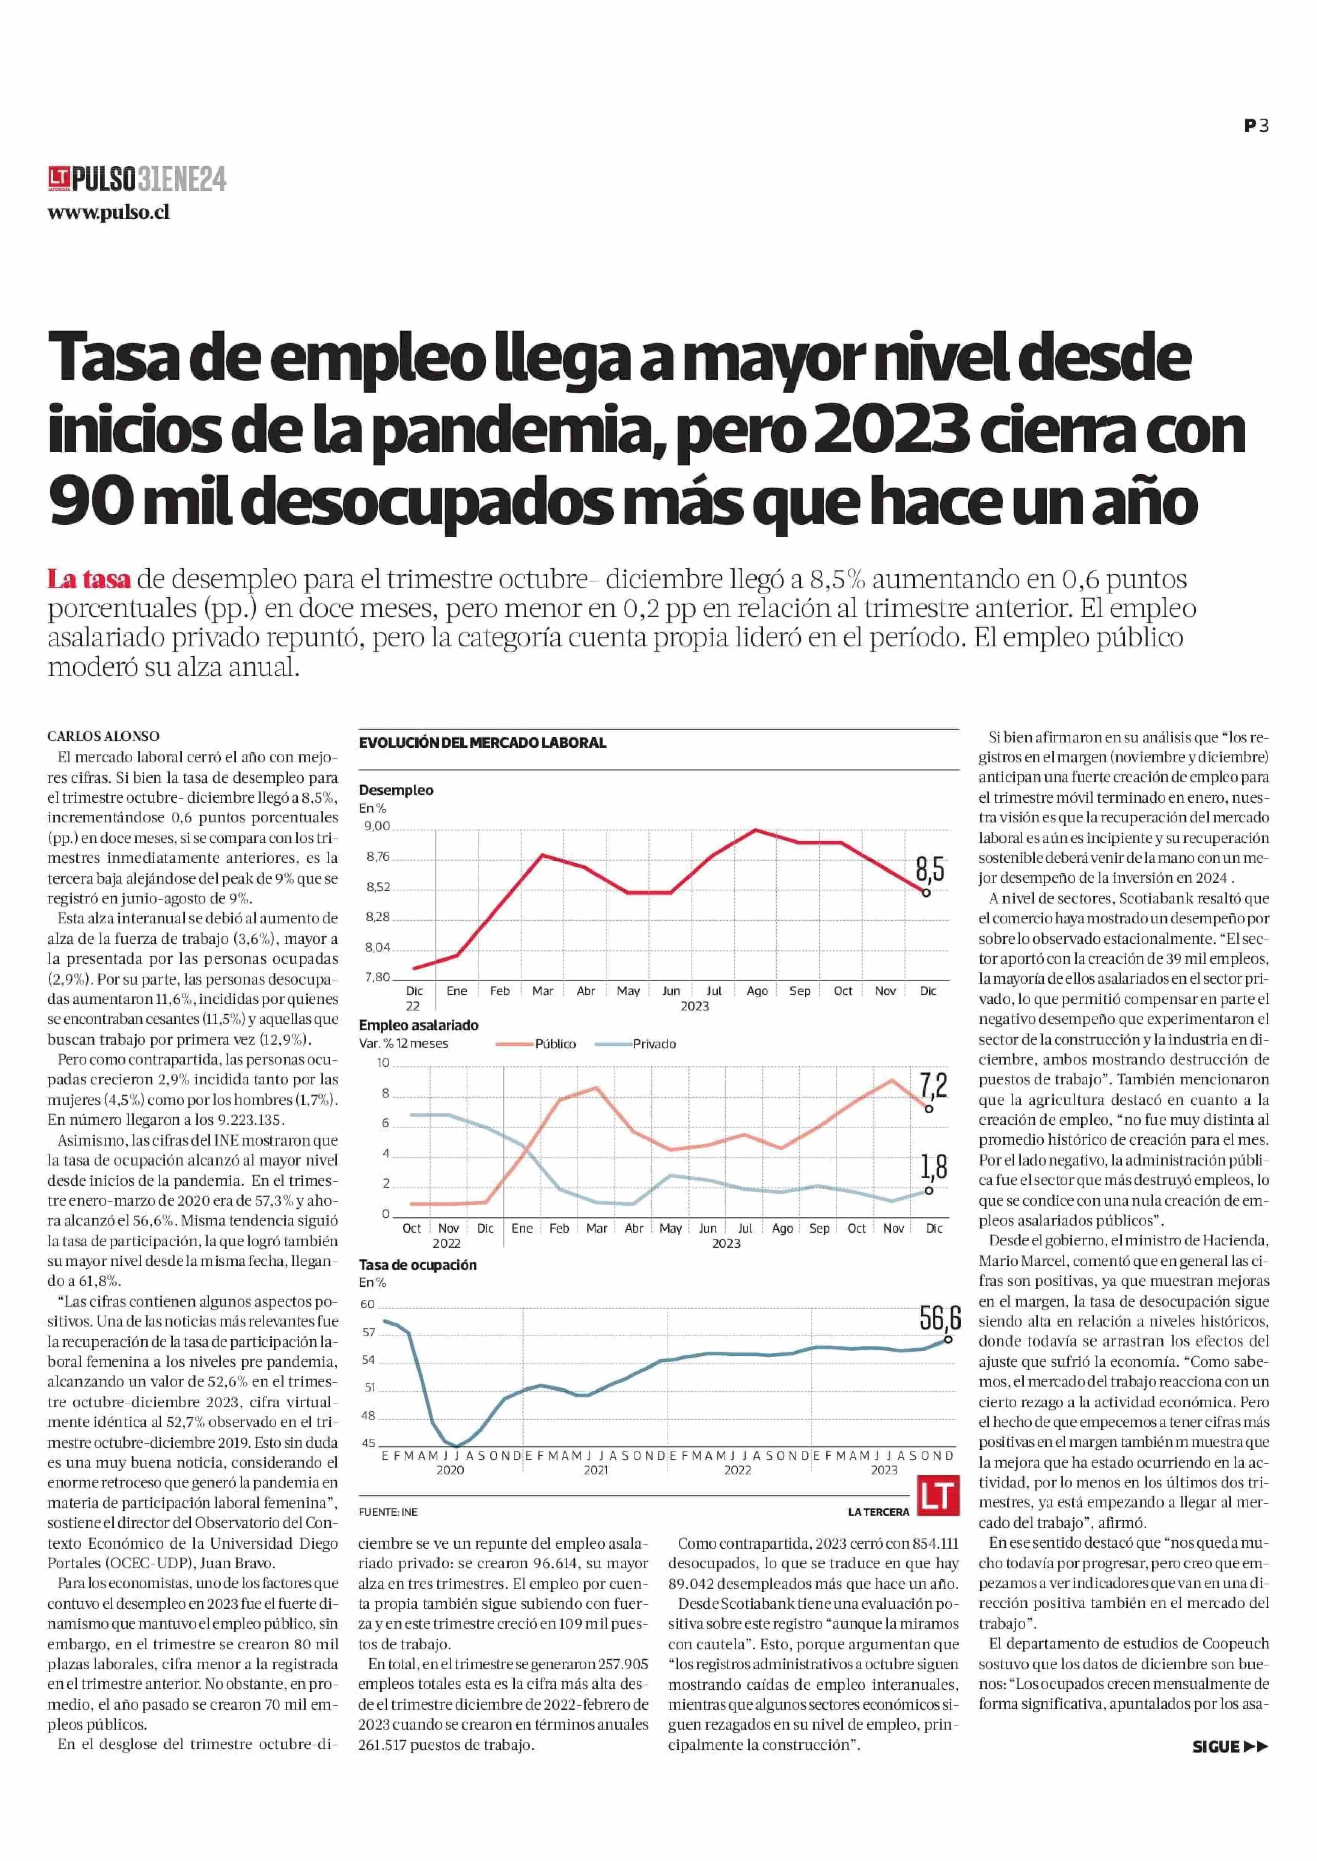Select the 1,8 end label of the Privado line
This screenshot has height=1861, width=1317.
tap(933, 1167)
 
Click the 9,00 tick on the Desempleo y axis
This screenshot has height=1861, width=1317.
tap(378, 826)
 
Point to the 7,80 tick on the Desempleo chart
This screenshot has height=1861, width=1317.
tap(378, 977)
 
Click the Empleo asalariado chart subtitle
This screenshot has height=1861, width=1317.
tap(419, 1025)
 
